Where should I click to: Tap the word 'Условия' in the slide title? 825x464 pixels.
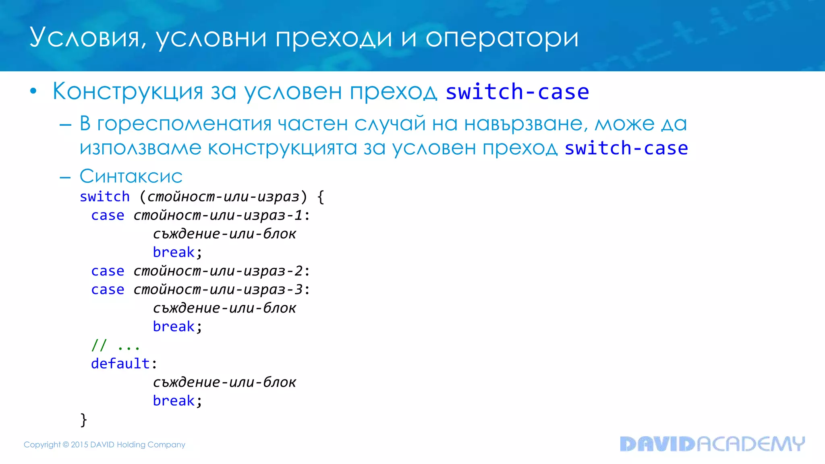[x=84, y=38]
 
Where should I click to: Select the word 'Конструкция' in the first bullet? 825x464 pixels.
[x=128, y=91]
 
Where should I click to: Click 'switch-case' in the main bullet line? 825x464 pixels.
[x=517, y=92]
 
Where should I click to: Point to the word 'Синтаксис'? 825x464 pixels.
[x=131, y=176]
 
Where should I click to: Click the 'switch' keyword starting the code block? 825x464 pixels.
[x=105, y=197]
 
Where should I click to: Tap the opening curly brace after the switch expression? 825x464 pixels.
[x=321, y=197]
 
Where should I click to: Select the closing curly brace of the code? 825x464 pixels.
[x=84, y=419]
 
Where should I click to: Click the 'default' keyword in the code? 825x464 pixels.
[x=120, y=364]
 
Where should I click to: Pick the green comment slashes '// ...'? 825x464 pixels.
[x=115, y=345]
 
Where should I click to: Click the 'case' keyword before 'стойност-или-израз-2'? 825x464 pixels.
[x=108, y=271]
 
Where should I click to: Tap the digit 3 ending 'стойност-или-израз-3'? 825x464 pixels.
[x=298, y=290]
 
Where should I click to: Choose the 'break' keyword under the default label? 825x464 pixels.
[x=174, y=401]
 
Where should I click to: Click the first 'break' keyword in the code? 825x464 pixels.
[x=174, y=253]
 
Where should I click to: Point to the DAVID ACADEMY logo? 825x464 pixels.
[x=712, y=444]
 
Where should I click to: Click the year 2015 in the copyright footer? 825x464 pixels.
[x=79, y=445]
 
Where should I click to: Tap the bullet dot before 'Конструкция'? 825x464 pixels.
[x=33, y=91]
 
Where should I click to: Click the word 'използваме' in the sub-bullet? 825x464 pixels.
[x=140, y=148]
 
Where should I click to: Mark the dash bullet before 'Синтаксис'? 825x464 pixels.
[x=65, y=177]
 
